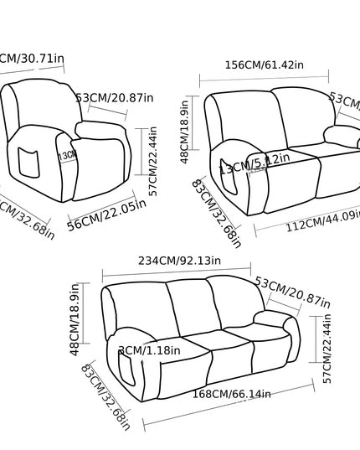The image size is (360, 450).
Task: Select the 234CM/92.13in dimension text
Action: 180,261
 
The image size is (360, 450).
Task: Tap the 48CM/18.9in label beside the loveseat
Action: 185,131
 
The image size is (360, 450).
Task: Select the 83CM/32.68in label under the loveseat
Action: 216,213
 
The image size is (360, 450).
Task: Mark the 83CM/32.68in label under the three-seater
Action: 105,396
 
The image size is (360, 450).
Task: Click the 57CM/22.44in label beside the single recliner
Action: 152,161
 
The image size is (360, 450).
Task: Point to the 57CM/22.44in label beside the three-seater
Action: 327,349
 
